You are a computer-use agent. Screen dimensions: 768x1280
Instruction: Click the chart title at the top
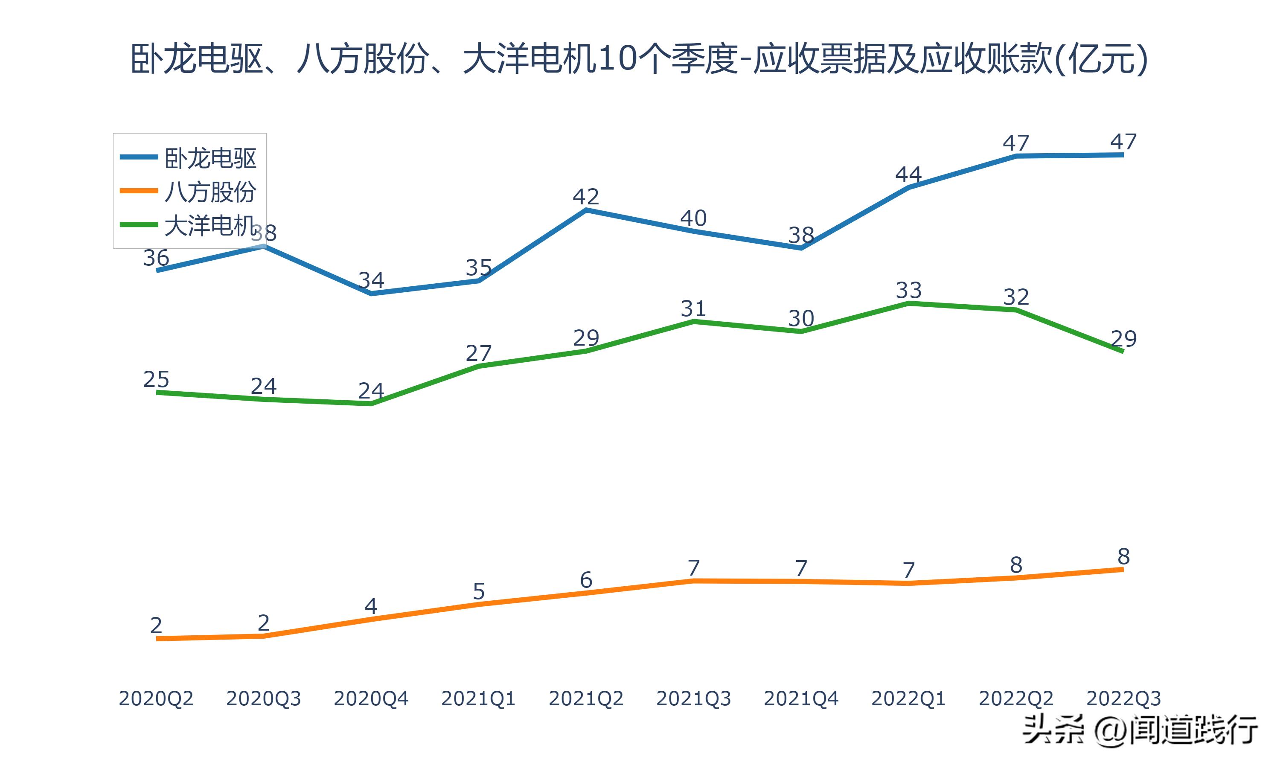tap(639, 58)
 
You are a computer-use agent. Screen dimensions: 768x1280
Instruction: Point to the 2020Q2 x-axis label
tap(156, 698)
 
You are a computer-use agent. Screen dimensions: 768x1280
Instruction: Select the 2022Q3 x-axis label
tap(1123, 698)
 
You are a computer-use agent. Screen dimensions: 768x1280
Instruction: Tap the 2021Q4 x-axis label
tap(801, 698)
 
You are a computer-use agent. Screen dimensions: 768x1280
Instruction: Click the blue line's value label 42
tap(586, 197)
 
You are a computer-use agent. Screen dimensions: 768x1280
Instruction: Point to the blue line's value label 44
tap(908, 175)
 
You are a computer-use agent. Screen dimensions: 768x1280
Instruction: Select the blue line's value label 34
tap(371, 280)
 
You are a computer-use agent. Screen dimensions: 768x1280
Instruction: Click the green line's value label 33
tap(908, 290)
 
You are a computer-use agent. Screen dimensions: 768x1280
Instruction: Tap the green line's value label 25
tap(156, 380)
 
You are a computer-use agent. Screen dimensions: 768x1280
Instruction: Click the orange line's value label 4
tap(371, 606)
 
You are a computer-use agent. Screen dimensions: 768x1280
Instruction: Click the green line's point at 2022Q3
tap(1122, 352)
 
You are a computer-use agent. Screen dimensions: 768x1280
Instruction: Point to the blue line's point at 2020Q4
tap(371, 294)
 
